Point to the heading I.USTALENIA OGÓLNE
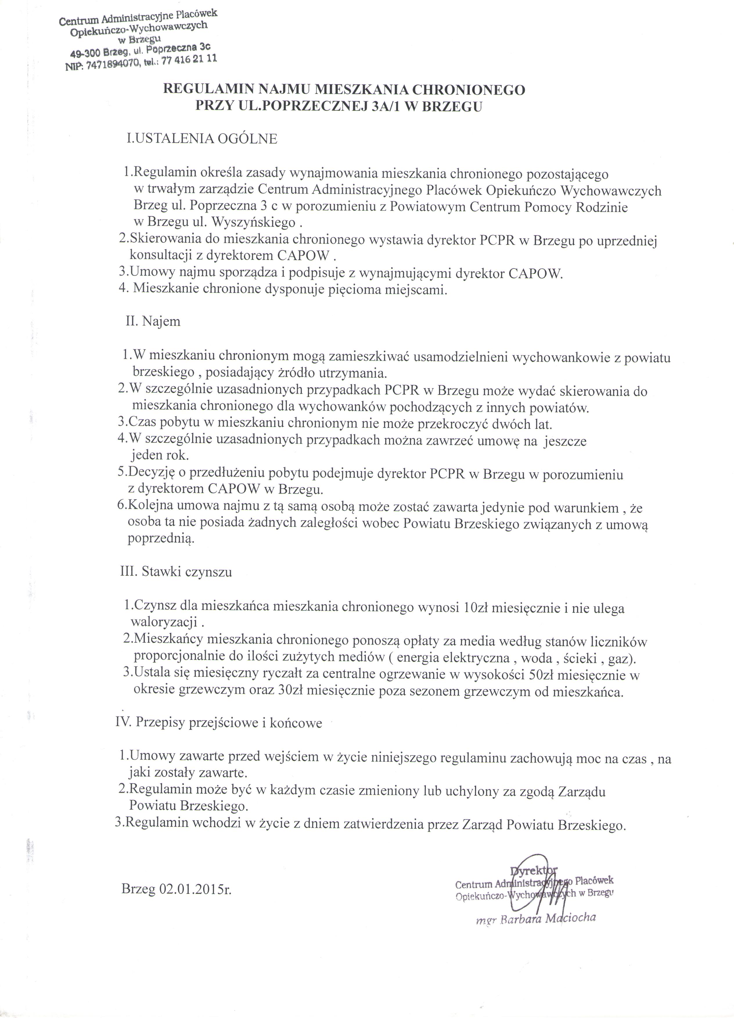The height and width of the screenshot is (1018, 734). (x=202, y=139)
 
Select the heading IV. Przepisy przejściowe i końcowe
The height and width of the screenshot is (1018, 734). (x=219, y=723)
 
